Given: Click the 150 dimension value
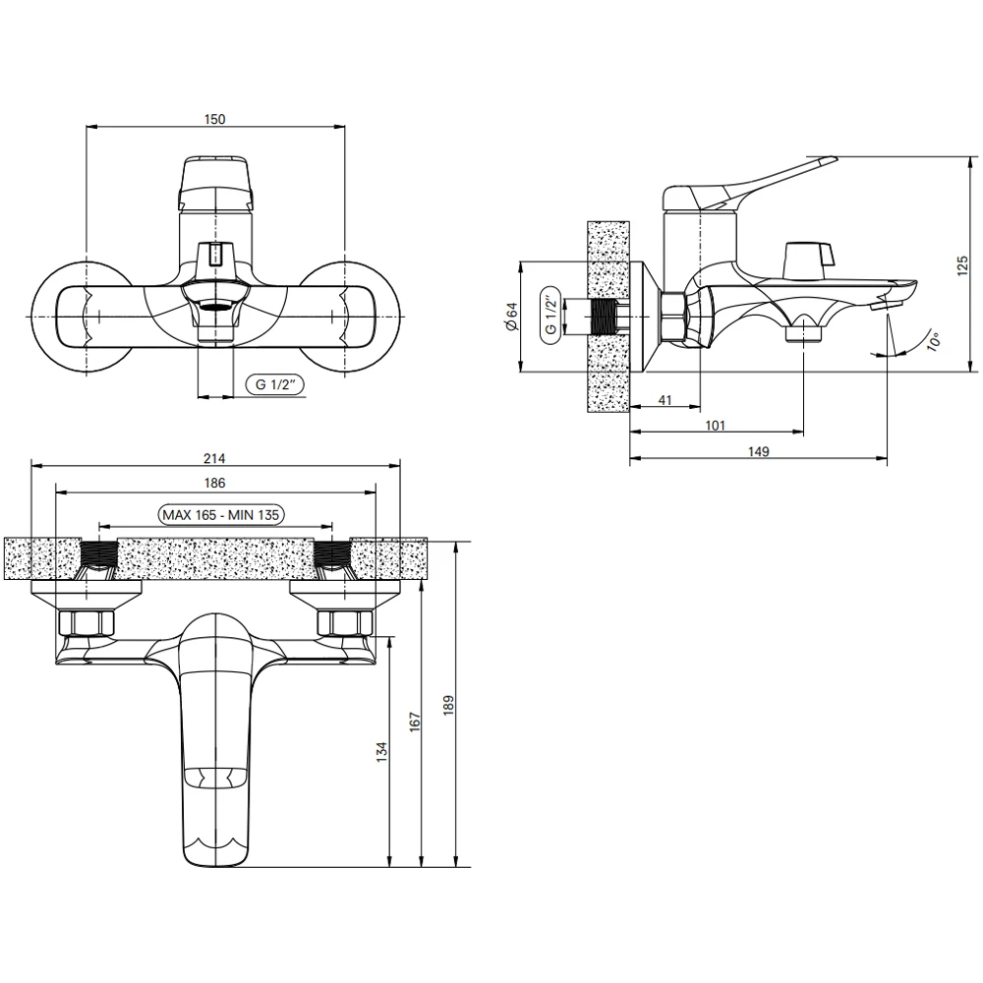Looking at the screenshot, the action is (214, 119).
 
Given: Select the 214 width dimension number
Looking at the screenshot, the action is (214, 458).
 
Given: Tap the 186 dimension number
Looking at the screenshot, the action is (214, 483).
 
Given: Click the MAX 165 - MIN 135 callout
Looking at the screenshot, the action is (220, 515).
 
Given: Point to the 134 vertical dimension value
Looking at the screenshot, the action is (382, 752).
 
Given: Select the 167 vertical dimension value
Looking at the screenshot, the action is (415, 723).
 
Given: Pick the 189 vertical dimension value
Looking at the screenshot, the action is (447, 706).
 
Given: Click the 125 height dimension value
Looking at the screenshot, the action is (963, 265).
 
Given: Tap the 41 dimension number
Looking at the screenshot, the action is (665, 400).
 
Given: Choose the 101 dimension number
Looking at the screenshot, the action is (716, 426).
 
